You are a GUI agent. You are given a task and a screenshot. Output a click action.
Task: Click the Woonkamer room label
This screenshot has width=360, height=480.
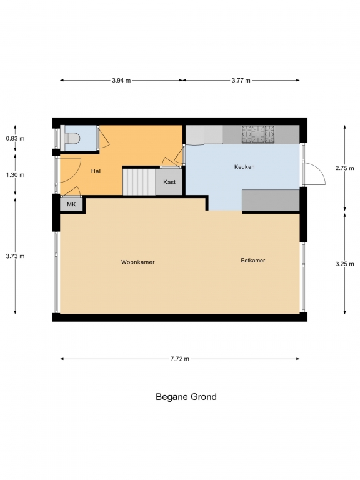(137, 262)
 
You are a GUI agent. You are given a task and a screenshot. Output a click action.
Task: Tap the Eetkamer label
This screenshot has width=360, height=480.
(253, 261)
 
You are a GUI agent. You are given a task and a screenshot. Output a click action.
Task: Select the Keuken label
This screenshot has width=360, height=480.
(244, 167)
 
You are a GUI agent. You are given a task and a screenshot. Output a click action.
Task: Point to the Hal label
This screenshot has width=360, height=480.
(96, 171)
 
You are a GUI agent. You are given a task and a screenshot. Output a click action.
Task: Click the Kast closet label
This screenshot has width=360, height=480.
(169, 182)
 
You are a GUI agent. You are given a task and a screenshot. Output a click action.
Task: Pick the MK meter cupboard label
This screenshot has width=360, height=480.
(71, 204)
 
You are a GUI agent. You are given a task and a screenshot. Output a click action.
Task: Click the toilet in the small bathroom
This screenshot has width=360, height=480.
(72, 138)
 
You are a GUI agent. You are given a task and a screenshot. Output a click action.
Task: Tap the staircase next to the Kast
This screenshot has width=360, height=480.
(139, 182)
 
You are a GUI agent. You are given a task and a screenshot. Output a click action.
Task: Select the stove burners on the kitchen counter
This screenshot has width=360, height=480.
(258, 134)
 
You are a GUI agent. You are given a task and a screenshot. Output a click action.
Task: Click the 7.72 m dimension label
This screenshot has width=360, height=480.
(180, 359)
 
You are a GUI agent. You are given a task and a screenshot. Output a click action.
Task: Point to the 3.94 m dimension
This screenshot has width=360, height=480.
(121, 81)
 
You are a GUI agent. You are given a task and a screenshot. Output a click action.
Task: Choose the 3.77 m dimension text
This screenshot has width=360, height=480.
(241, 81)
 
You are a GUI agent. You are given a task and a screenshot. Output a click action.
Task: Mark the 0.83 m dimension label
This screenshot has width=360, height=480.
(15, 138)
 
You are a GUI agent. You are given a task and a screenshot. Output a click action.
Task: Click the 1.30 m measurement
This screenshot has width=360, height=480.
(15, 175)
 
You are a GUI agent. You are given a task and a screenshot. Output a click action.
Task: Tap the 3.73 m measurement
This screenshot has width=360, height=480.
(15, 256)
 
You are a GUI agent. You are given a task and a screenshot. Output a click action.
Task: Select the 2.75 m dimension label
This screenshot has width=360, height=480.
(345, 168)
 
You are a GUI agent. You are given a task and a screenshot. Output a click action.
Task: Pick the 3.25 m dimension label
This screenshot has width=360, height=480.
(345, 264)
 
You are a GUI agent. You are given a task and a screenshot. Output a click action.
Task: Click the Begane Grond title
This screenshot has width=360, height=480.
(186, 397)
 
